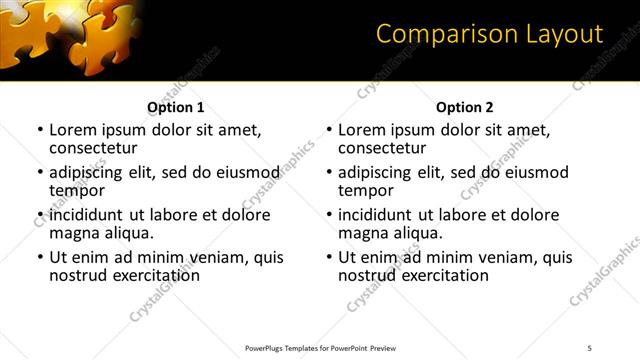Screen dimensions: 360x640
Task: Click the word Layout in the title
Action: click(563, 34)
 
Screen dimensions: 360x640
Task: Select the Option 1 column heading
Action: click(176, 107)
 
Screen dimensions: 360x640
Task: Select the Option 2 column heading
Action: click(465, 107)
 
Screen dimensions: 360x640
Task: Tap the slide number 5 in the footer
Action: click(590, 348)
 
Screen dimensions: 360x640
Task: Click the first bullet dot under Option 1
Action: click(40, 130)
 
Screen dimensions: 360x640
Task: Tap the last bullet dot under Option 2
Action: click(329, 257)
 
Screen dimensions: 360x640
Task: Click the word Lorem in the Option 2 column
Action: click(361, 130)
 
